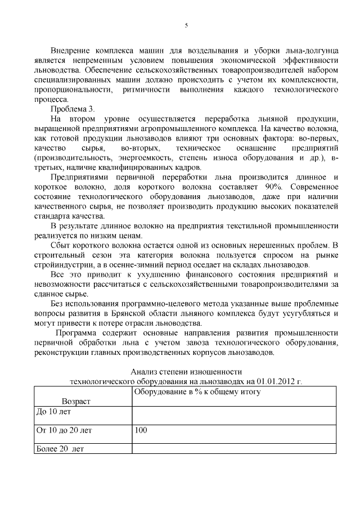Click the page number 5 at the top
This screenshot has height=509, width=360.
(x=186, y=25)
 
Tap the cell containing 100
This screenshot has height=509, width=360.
(x=141, y=430)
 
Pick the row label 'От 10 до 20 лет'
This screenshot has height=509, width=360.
(x=64, y=430)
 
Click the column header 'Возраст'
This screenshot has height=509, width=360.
(x=75, y=400)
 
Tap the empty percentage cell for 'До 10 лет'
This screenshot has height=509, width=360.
(x=233, y=412)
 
